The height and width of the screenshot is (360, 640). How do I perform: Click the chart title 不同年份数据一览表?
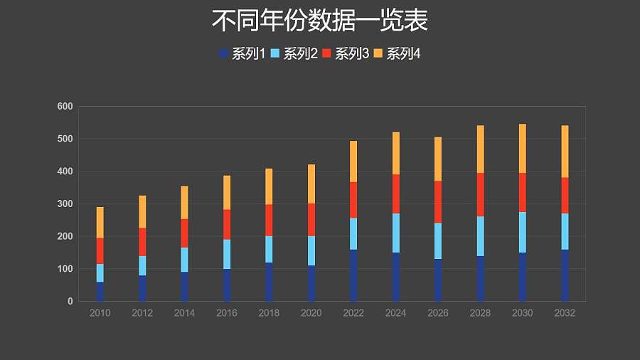click(319, 21)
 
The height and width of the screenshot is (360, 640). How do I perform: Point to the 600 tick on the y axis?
click(65, 106)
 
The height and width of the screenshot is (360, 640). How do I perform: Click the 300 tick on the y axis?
click(65, 203)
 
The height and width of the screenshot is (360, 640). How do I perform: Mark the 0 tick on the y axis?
click(70, 301)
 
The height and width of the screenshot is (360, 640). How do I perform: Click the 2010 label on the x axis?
click(100, 313)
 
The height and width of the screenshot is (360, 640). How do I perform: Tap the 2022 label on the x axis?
click(353, 313)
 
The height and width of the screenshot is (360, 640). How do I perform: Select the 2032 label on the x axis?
click(565, 313)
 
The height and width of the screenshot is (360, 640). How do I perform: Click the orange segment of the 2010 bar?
click(100, 222)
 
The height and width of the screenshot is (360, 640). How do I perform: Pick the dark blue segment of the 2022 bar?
click(353, 275)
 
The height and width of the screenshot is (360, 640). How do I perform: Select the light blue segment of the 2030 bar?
click(523, 232)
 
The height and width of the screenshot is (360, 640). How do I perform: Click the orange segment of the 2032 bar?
click(565, 151)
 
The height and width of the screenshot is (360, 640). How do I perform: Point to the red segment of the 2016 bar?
click(227, 224)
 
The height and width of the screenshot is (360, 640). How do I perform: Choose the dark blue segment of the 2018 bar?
click(269, 282)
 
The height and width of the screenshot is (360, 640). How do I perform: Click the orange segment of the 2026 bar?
click(438, 159)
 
